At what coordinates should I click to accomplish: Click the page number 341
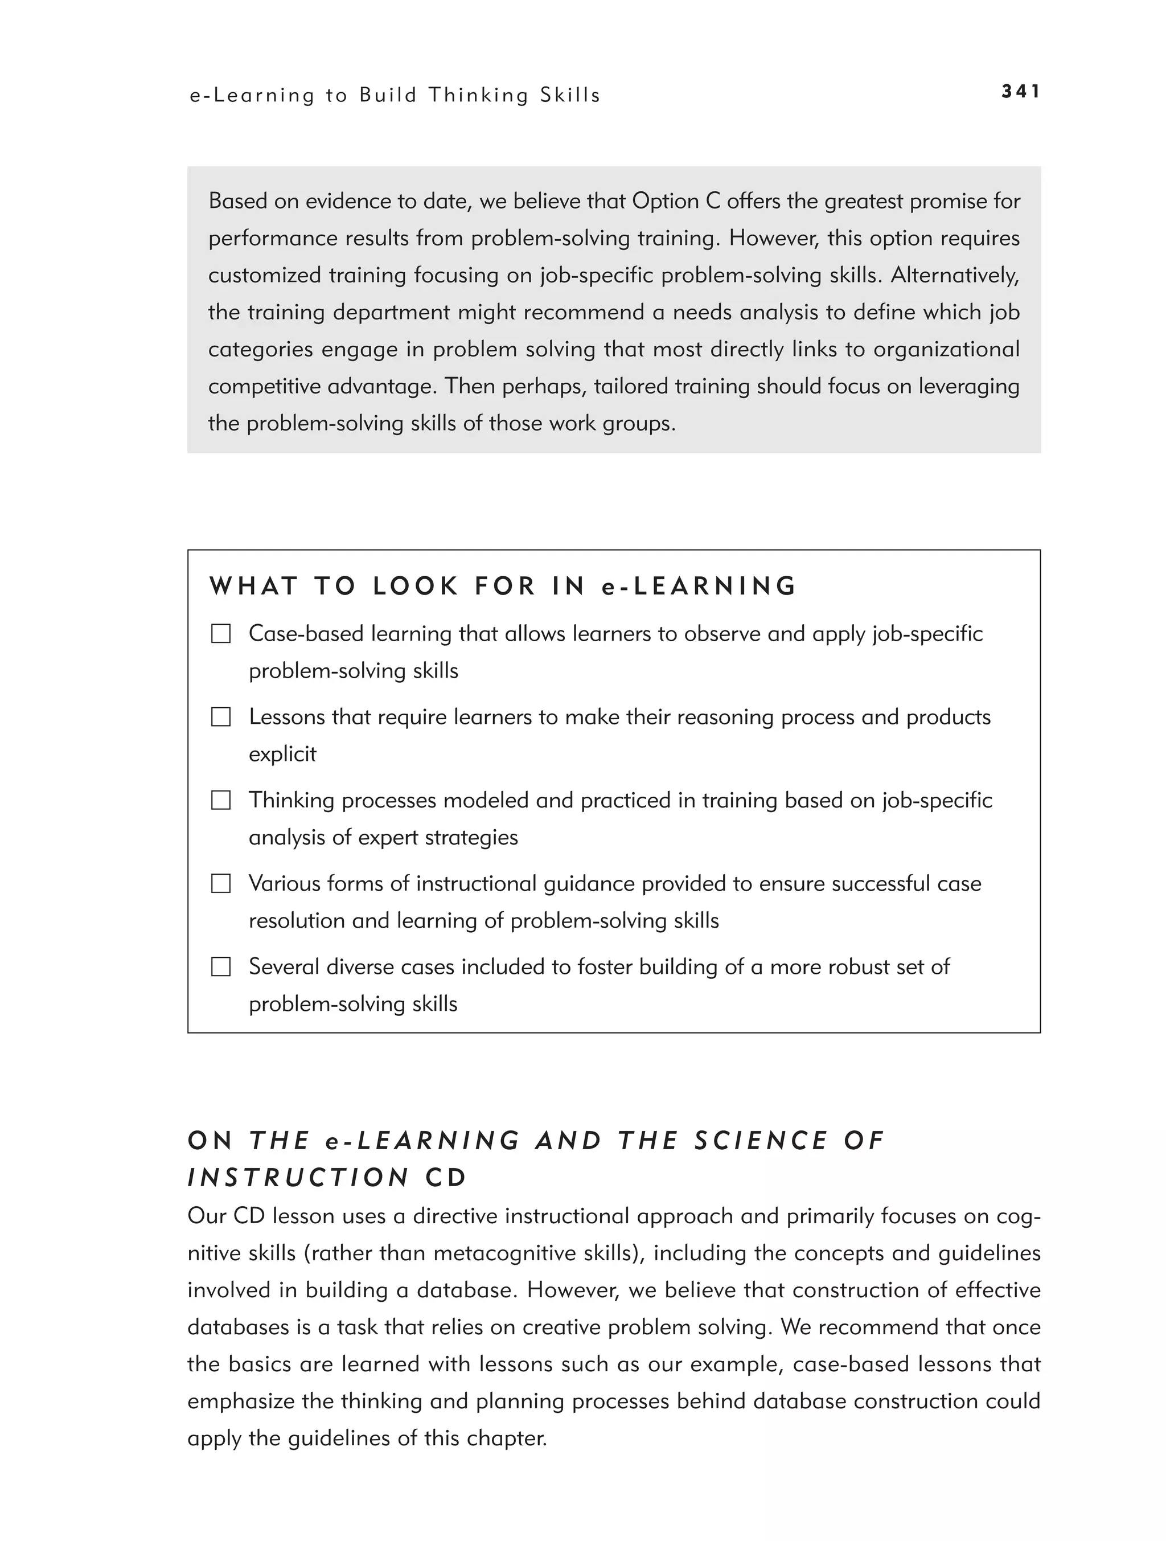point(1020,91)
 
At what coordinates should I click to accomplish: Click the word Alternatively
point(955,275)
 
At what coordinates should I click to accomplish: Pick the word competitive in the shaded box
point(265,386)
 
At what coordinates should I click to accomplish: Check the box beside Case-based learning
point(221,634)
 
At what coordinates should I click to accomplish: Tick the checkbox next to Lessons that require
point(221,717)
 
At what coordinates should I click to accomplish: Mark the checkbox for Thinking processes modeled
point(221,801)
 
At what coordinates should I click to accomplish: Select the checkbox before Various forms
point(221,883)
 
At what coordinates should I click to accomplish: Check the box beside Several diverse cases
point(221,967)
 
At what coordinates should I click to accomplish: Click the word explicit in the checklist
point(282,755)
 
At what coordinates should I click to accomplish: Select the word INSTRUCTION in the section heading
point(299,1178)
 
